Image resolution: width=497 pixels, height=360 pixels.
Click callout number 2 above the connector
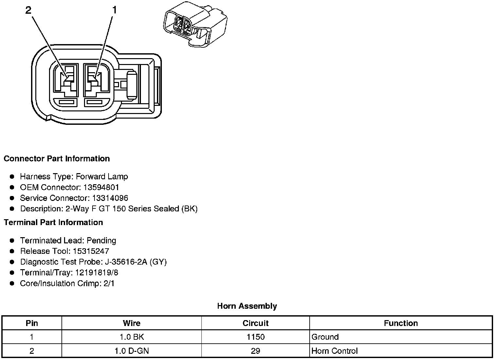pos(28,10)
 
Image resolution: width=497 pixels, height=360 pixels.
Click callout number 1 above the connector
pos(114,10)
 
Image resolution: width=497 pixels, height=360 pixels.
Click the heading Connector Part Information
pos(57,159)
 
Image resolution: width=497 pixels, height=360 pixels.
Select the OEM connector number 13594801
pos(101,188)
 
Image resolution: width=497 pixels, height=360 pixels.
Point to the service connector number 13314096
pos(110,198)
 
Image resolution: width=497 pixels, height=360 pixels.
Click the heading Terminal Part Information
pos(53,222)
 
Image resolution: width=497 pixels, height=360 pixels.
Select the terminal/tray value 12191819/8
pos(97,273)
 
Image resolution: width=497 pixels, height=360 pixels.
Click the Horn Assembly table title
pos(247,306)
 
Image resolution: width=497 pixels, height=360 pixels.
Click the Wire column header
pos(131,323)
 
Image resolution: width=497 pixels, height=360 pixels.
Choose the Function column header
pos(401,323)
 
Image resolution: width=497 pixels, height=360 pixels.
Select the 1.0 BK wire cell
pos(131,337)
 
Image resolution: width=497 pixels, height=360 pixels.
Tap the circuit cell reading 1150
pos(255,337)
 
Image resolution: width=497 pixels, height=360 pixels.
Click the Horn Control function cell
pos(334,351)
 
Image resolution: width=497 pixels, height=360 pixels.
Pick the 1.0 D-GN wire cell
pos(131,351)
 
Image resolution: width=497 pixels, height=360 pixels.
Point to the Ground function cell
pos(325,337)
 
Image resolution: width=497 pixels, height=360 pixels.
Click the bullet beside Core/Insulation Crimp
pos(12,284)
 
